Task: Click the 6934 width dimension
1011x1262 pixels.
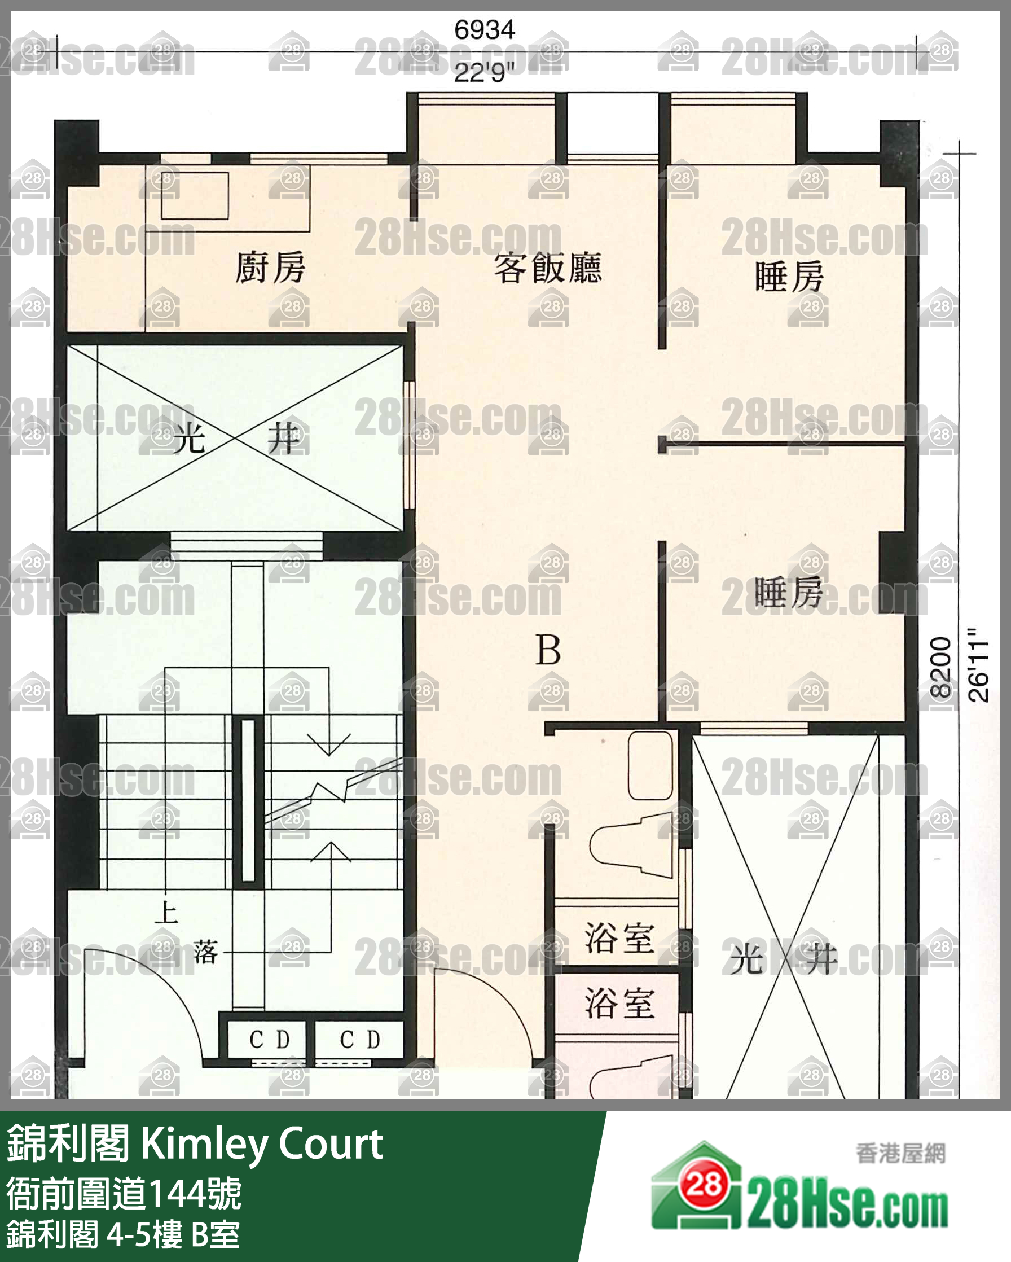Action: [485, 29]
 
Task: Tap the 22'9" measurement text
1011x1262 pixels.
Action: [485, 74]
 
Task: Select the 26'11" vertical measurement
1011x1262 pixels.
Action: [978, 665]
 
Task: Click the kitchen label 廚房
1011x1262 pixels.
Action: [270, 267]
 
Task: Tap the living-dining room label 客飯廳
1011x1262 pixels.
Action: [548, 268]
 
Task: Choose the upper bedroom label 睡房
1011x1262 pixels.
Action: [789, 277]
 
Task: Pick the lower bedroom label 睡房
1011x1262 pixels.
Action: [789, 593]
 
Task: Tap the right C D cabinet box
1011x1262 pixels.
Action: [359, 1040]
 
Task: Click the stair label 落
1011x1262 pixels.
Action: [206, 952]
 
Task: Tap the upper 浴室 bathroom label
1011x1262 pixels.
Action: [619, 937]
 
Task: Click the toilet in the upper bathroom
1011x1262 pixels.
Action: [631, 845]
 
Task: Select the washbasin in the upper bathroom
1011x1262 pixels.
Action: [650, 765]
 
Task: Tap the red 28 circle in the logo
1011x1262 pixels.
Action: [704, 1187]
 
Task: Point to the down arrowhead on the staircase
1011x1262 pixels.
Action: [329, 744]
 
